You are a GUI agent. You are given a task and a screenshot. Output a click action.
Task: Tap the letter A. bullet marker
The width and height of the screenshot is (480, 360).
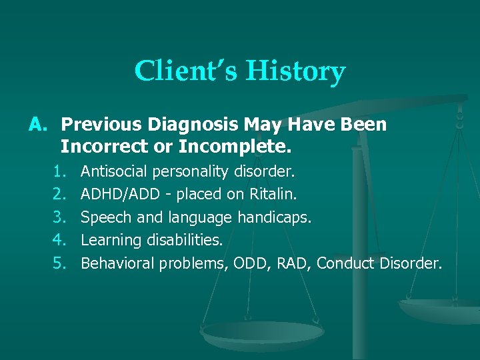click(39, 124)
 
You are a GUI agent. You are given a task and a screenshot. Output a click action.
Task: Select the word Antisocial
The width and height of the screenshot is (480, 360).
click(114, 171)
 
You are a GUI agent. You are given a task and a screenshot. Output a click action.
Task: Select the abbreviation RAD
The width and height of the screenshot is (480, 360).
click(291, 263)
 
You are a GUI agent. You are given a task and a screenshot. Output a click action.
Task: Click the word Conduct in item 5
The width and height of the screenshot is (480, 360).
click(345, 263)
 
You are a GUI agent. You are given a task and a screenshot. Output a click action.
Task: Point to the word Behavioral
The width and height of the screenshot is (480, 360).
click(117, 263)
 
